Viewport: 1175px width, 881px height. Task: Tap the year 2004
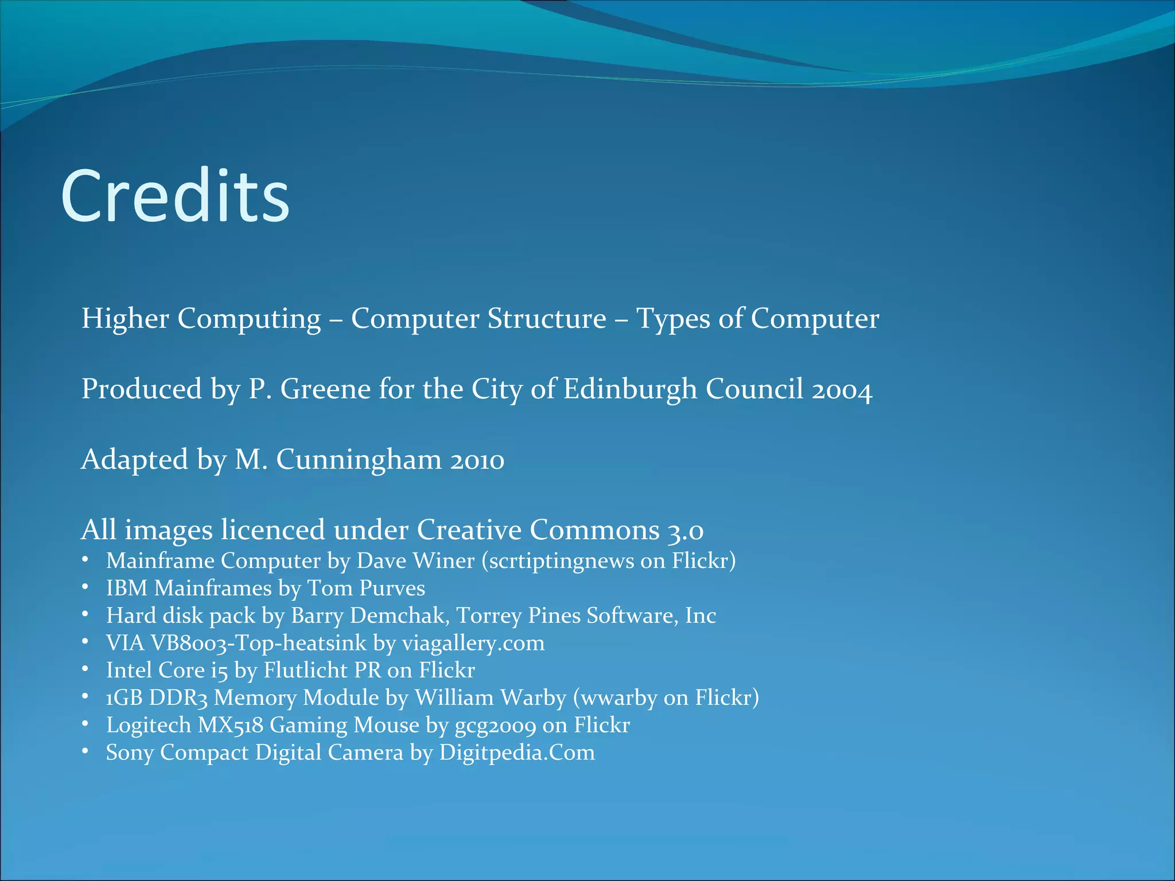pyautogui.click(x=842, y=390)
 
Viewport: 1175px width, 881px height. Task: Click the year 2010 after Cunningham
pyautogui.click(x=477, y=460)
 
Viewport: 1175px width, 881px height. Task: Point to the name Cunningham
pyautogui.click(x=359, y=460)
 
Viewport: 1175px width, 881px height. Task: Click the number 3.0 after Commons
pyautogui.click(x=685, y=530)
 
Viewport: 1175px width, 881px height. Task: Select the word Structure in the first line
pyautogui.click(x=547, y=318)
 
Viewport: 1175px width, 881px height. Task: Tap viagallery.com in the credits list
pyautogui.click(x=473, y=643)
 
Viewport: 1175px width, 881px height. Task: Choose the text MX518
pyautogui.click(x=231, y=725)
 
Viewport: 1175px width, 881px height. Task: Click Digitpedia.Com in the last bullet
pyautogui.click(x=517, y=752)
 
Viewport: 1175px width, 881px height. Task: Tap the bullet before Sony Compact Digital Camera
pyautogui.click(x=85, y=751)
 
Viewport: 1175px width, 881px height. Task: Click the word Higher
pyautogui.click(x=125, y=318)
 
